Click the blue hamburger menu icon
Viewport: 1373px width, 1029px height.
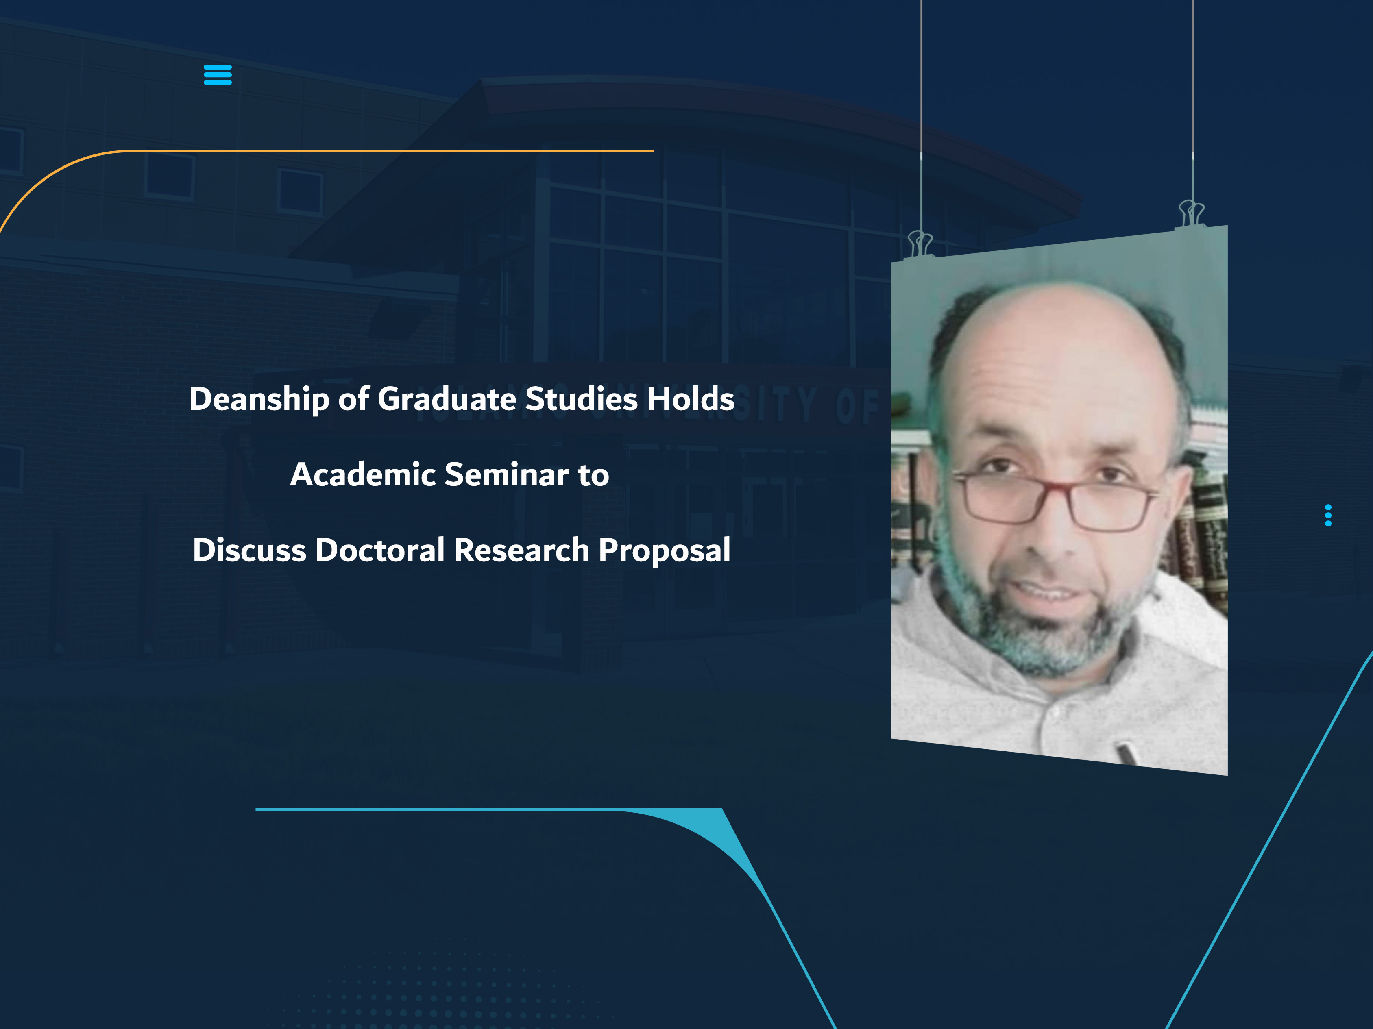click(x=217, y=74)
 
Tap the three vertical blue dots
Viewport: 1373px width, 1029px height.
click(x=1328, y=515)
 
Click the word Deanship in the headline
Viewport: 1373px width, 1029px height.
click(x=259, y=399)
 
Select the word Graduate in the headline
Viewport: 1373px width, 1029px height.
click(x=446, y=399)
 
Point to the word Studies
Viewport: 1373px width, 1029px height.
click(x=581, y=399)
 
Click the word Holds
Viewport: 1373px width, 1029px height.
click(x=690, y=399)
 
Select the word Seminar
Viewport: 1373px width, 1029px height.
click(x=506, y=475)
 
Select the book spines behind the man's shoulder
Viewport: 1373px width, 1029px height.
click(x=1201, y=540)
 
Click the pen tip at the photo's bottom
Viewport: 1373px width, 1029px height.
click(x=1126, y=754)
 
